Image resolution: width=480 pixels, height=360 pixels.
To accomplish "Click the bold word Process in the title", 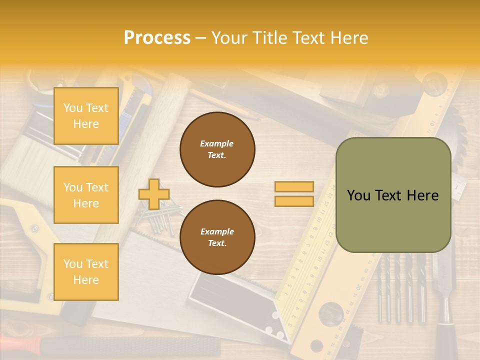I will [157, 38].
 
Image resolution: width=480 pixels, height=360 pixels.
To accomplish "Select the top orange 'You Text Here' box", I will [86, 116].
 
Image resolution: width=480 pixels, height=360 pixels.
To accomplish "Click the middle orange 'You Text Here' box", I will [86, 195].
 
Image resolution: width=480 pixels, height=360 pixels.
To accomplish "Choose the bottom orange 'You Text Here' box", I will [86, 272].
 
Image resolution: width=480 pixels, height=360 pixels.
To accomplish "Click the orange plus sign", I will [154, 194].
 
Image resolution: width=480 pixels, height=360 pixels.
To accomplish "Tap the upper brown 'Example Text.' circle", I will [217, 149].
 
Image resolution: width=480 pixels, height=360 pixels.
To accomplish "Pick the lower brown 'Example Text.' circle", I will [217, 237].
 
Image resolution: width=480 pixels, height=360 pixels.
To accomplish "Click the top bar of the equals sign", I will [294, 186].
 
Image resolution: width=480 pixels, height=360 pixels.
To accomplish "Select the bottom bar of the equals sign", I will [294, 201].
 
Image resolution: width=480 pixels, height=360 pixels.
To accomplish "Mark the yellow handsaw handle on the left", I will [25, 225].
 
